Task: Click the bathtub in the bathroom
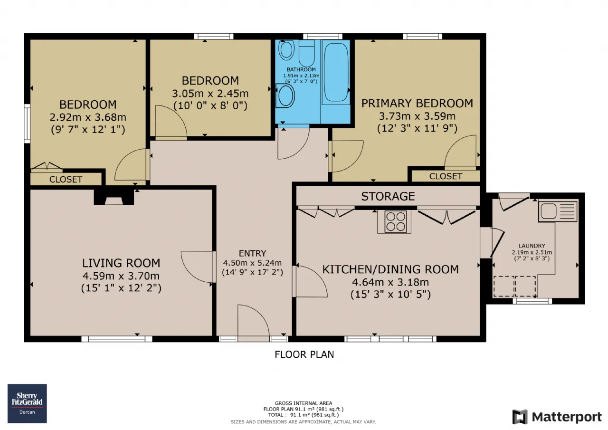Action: coord(336,72)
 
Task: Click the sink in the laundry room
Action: coord(558,211)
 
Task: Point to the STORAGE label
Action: coord(388,196)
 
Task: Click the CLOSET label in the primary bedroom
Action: coord(446,176)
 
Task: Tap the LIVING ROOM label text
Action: coord(121,263)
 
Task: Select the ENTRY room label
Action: coord(252,253)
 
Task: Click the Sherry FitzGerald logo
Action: coord(27,403)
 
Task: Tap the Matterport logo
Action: coord(557,417)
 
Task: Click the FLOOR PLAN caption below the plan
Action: coord(304,354)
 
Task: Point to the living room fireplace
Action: coord(114,197)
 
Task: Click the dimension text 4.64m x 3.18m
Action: coord(390,282)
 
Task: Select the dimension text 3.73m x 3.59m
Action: coord(417,116)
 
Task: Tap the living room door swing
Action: coord(197,267)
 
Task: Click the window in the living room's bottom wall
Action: coord(117,339)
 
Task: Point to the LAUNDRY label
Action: coord(532,246)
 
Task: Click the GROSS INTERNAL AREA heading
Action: coord(304,403)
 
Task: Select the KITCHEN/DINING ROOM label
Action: coord(390,269)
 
